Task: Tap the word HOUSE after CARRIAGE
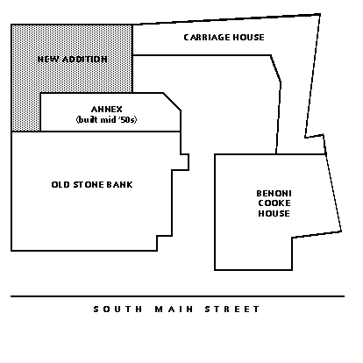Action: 249,38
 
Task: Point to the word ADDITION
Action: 84,60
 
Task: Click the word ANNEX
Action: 107,110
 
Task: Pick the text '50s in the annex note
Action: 128,120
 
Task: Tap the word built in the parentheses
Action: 87,120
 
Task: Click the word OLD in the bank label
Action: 60,185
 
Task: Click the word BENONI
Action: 274,194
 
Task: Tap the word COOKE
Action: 274,203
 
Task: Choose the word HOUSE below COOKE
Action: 274,213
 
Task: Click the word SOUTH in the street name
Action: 117,310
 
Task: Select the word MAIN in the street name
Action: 174,310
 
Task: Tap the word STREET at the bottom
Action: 232,310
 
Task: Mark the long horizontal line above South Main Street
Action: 177,296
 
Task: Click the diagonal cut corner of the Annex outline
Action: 172,102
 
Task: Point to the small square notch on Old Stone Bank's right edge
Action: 184,162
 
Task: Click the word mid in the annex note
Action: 108,120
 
